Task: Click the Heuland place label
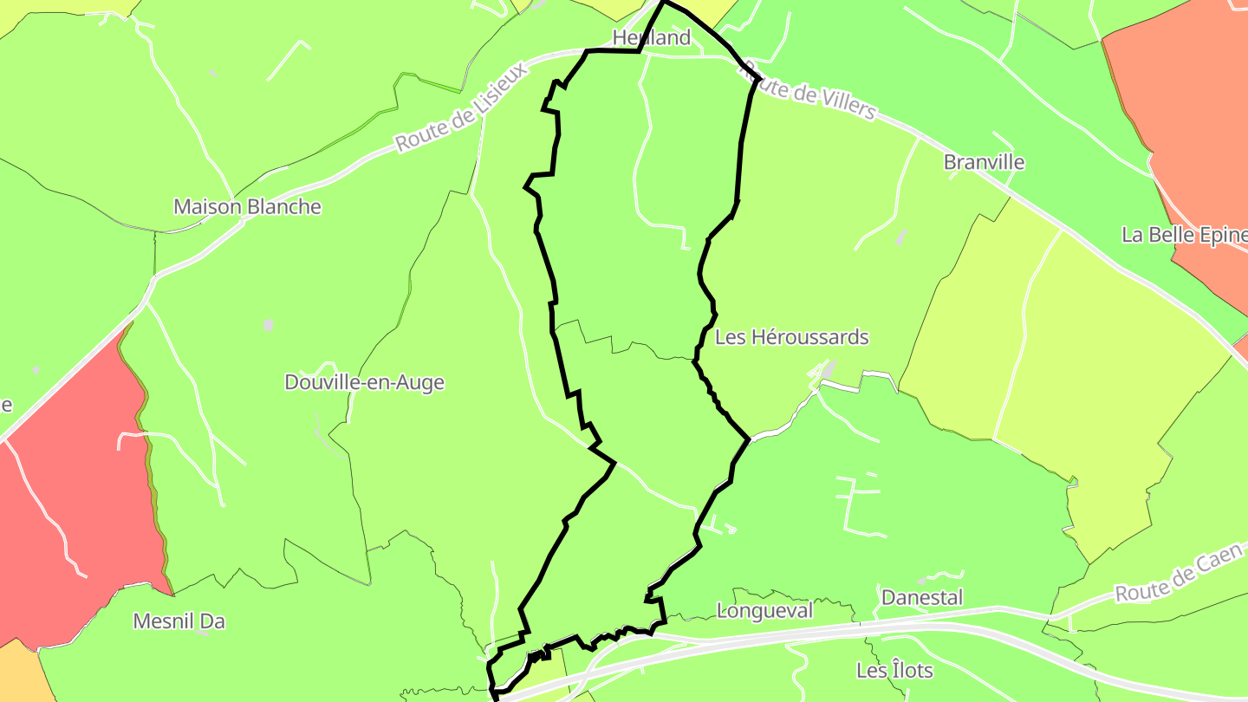(651, 37)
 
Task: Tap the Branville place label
(984, 162)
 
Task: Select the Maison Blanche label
(247, 207)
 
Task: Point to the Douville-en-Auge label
(364, 382)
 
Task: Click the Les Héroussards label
(791, 337)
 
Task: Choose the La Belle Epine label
(1184, 235)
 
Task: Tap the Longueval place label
(765, 611)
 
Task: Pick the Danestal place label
(922, 598)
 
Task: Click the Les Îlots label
(894, 671)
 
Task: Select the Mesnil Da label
(179, 621)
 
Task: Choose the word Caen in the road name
(1223, 561)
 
